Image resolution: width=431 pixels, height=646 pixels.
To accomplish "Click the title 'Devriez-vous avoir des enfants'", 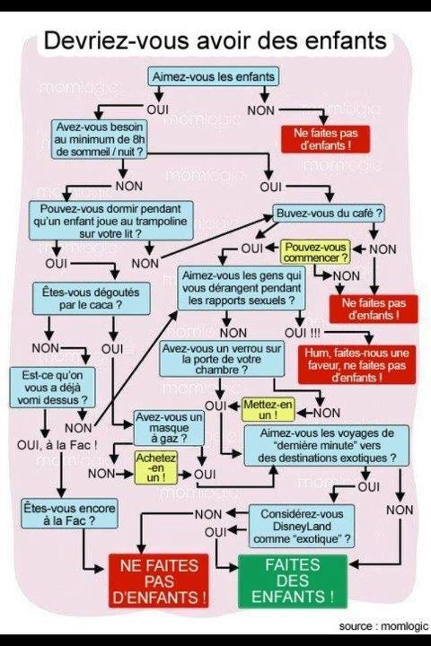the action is point(215,40).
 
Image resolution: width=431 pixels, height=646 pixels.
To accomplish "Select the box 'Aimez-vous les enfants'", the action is point(213,76).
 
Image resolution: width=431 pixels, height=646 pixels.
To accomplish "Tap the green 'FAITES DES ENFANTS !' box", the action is point(293,581).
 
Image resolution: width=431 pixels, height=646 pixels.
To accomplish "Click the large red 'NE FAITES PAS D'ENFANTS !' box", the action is point(159,581).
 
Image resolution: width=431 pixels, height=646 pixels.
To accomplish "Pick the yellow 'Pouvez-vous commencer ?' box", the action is point(315,252).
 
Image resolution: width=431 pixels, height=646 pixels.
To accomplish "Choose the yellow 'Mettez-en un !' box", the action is point(268,409).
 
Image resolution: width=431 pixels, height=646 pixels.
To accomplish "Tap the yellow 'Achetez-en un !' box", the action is point(156,467).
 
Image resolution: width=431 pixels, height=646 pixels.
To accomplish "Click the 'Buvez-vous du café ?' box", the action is point(330,214).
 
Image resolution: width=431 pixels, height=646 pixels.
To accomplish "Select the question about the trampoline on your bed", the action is point(110,221).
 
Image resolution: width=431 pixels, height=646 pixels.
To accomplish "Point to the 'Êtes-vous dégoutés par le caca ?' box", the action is point(92,299).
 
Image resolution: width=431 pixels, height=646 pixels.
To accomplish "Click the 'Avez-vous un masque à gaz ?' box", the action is point(169,428).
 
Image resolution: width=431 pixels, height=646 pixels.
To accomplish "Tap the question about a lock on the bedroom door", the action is point(222,359).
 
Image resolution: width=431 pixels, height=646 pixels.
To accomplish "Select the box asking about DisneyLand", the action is point(302,526).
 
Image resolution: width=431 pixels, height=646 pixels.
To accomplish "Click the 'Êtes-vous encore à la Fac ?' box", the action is point(69,514).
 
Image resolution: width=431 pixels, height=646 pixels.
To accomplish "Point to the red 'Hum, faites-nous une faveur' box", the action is point(356,365).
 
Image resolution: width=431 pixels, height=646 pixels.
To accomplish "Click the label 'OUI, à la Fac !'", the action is point(57,445).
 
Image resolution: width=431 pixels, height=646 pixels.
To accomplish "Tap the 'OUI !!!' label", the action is point(303,333).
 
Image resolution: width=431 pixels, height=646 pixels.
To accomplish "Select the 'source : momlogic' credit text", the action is point(383,626).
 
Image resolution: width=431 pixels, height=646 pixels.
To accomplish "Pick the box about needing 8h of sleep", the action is point(100,139).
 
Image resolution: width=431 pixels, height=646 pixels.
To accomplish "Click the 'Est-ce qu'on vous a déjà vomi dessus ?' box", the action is point(52,388).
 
